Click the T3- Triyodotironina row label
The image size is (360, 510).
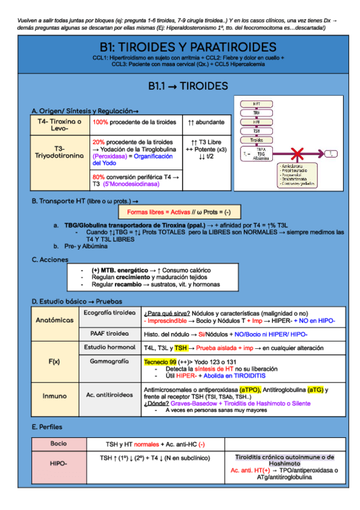pyautogui.click(x=59, y=152)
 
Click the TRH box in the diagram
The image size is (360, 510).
pyautogui.click(x=257, y=112)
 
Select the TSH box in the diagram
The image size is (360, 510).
pyautogui.click(x=257, y=130)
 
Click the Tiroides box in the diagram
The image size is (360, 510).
pyautogui.click(x=257, y=140)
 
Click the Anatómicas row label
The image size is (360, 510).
pyautogui.click(x=55, y=321)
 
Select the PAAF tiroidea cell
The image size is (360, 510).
pyautogui.click(x=109, y=333)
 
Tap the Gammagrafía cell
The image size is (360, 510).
pyautogui.click(x=109, y=361)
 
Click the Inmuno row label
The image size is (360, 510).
pyautogui.click(x=55, y=396)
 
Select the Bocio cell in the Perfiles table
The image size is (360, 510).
pyautogui.click(x=58, y=443)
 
